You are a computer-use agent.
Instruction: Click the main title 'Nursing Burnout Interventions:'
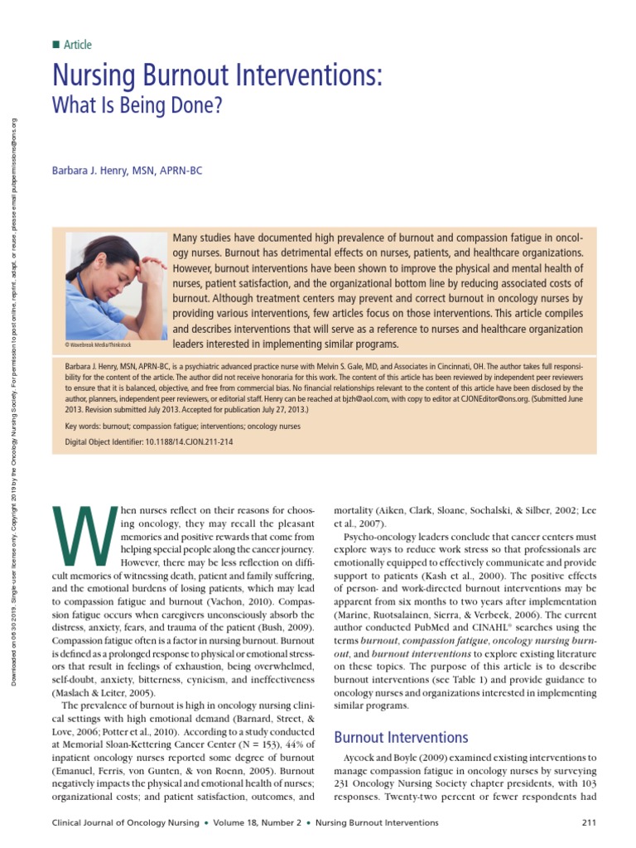218,77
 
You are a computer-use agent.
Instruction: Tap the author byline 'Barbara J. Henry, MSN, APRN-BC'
127,171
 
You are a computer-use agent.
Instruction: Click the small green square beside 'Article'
55,45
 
